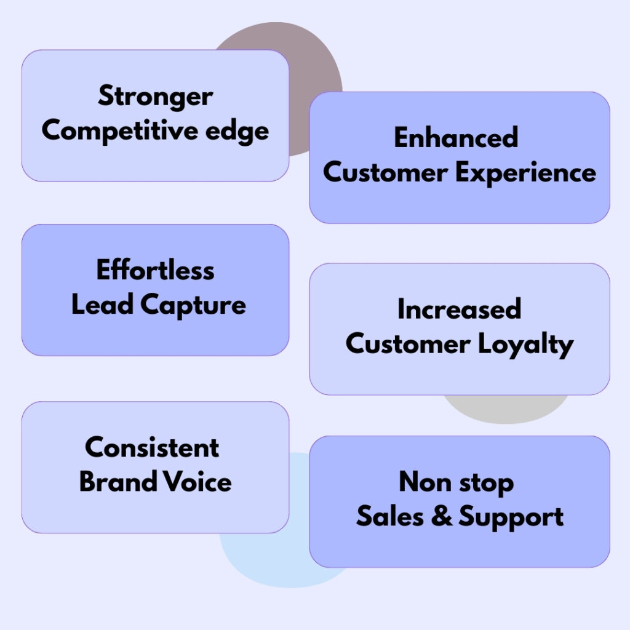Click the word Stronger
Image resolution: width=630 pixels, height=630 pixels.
click(155, 97)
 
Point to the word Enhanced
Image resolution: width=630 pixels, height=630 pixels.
click(456, 138)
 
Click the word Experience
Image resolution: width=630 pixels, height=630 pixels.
click(526, 173)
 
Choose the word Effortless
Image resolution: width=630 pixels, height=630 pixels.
click(155, 271)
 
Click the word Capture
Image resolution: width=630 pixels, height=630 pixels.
click(193, 306)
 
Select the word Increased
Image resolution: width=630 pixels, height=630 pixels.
click(459, 309)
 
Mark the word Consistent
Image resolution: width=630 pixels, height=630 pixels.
click(152, 447)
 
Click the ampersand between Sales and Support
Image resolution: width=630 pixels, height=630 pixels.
click(439, 517)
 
